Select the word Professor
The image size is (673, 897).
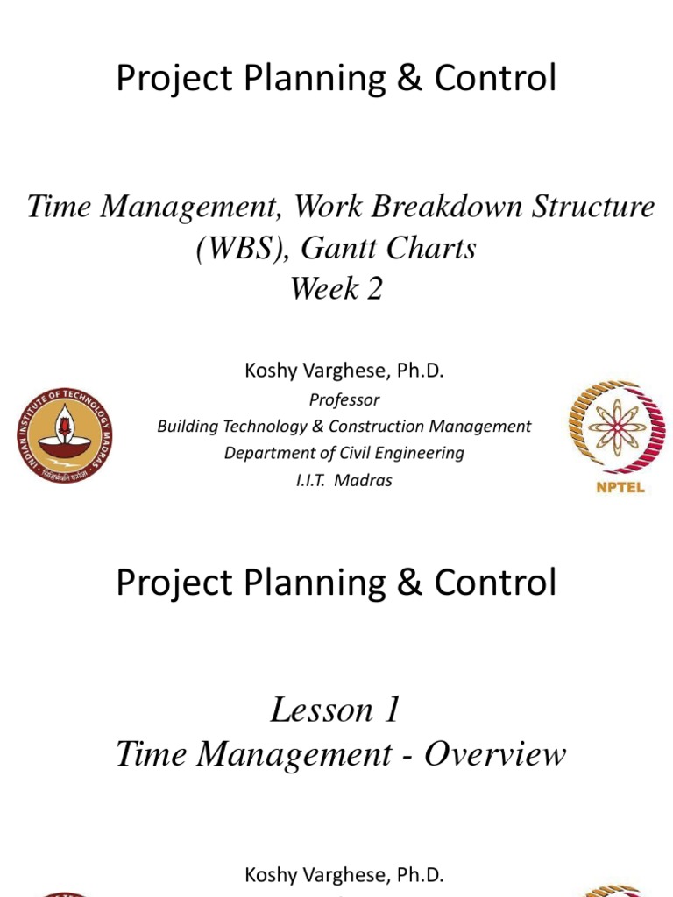[344, 399]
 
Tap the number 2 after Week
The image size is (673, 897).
[374, 290]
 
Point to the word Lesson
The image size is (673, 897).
[318, 710]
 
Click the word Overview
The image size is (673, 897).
[495, 754]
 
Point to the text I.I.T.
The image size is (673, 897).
[312, 481]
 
